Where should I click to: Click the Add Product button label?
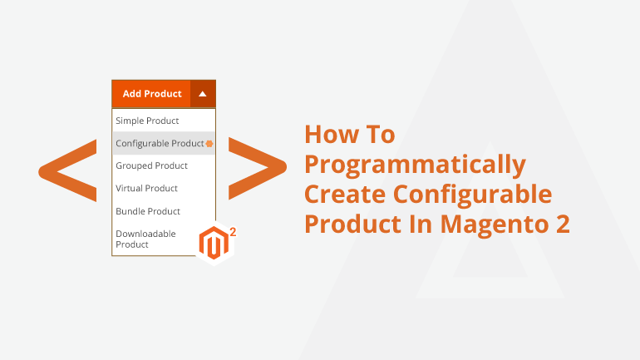coord(152,94)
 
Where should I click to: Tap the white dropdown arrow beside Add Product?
coord(203,94)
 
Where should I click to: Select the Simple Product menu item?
coord(147,121)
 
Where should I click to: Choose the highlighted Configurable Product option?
coord(160,143)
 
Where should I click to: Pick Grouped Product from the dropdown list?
coord(151,165)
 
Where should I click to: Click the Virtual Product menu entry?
coord(146,188)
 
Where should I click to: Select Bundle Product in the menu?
coord(148,211)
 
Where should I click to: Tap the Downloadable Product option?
coord(145,239)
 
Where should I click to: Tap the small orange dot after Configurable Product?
coord(209,144)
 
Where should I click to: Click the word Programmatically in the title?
coord(415,165)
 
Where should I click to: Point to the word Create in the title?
coord(346,195)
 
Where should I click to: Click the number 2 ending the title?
coord(563,224)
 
